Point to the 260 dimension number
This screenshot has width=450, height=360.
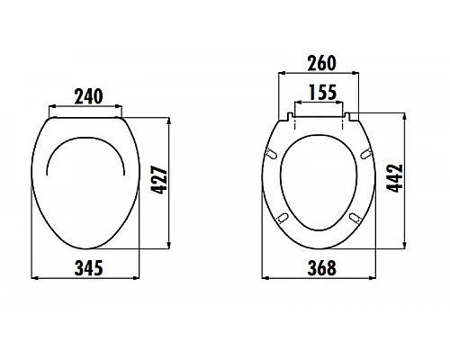[x=320, y=63]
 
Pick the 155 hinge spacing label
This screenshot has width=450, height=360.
[x=320, y=91]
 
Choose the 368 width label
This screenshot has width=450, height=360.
[x=320, y=268]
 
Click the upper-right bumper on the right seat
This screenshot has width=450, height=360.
[x=366, y=156]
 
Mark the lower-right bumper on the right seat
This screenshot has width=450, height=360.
[x=357, y=217]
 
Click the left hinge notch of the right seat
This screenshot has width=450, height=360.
[x=290, y=115]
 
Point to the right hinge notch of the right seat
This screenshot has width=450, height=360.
[x=351, y=115]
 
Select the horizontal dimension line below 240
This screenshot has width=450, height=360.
[x=86, y=106]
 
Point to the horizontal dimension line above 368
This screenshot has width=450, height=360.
[x=320, y=256]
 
